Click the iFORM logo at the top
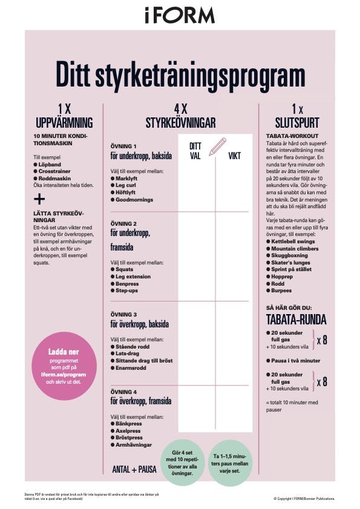(180, 15)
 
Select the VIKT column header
(234, 156)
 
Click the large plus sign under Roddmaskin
(39, 199)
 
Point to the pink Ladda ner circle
(64, 366)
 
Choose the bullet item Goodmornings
(134, 200)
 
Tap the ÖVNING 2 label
(123, 223)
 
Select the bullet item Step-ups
(128, 291)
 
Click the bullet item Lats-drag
(128, 352)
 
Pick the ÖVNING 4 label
(123, 392)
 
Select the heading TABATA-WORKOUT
(292, 136)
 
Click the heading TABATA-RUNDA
(296, 319)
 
